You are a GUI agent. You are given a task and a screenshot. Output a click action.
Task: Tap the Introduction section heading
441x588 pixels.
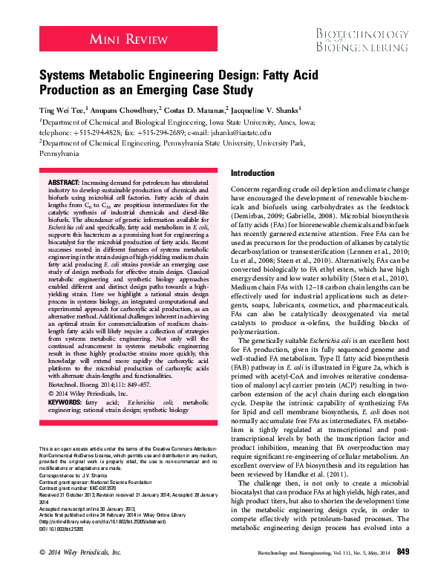pos(252,172)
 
